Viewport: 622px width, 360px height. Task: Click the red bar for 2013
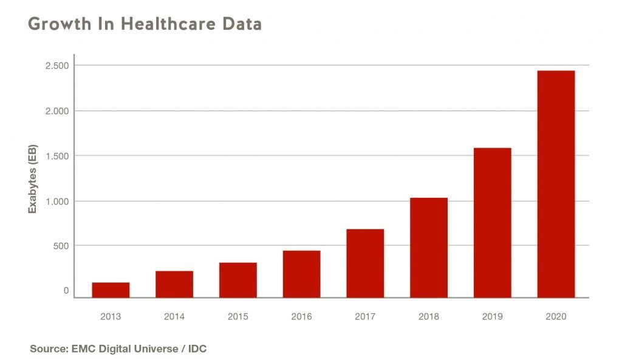click(111, 290)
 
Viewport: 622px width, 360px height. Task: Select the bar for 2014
click(174, 284)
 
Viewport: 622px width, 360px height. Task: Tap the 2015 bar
click(238, 280)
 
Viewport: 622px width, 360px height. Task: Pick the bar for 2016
click(301, 274)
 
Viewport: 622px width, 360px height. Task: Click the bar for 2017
click(365, 263)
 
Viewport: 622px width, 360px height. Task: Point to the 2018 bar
click(429, 248)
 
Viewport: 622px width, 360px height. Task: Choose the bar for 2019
click(492, 223)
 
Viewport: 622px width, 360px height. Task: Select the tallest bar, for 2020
click(556, 184)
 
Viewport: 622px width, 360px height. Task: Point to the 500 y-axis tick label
click(61, 246)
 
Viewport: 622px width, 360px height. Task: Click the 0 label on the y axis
click(66, 291)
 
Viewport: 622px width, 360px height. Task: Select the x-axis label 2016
click(301, 317)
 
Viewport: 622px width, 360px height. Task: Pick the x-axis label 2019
click(492, 317)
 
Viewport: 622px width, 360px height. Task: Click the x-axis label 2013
click(111, 317)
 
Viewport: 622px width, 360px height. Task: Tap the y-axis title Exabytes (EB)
click(33, 179)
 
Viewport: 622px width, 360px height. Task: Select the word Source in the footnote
click(47, 349)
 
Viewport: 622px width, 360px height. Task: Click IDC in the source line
click(197, 349)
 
